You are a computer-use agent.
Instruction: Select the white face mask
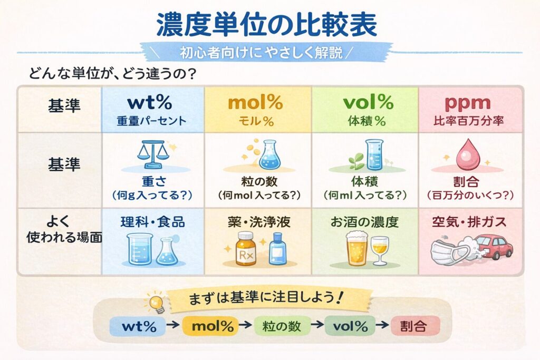point(446,252)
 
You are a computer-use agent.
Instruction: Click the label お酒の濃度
point(364,222)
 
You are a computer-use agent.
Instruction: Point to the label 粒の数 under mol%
point(258,182)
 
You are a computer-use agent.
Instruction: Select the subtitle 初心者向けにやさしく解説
point(268,53)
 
